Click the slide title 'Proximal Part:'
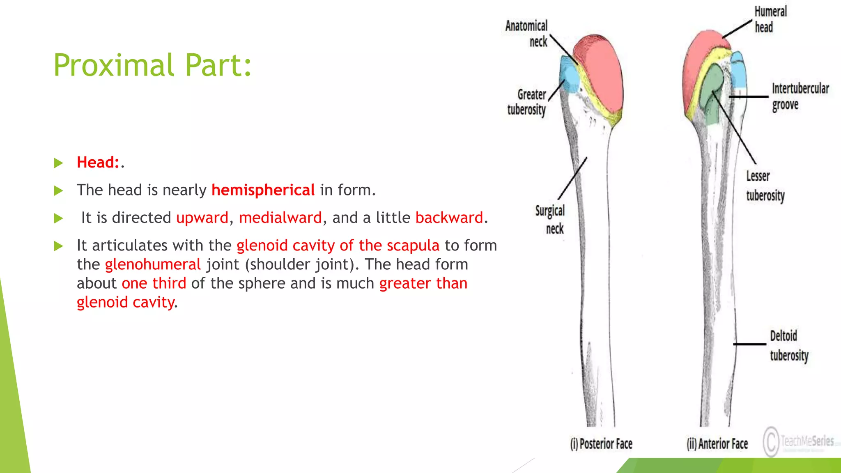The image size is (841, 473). tap(152, 65)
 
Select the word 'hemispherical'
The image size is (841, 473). tap(263, 190)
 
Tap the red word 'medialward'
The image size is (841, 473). tap(280, 218)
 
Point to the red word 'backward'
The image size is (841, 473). tap(449, 218)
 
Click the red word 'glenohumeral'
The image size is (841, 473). tap(153, 264)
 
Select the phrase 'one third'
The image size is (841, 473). tap(154, 283)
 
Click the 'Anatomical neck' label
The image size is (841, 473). tap(527, 34)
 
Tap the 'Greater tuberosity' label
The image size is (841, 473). tap(527, 102)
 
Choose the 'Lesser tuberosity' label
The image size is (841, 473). tap(765, 186)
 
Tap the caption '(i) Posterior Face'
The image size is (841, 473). tap(601, 444)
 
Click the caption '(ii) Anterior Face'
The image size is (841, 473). tap(717, 444)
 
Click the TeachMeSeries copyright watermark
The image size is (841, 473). tap(799, 441)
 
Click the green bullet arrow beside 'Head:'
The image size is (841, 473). tap(58, 163)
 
